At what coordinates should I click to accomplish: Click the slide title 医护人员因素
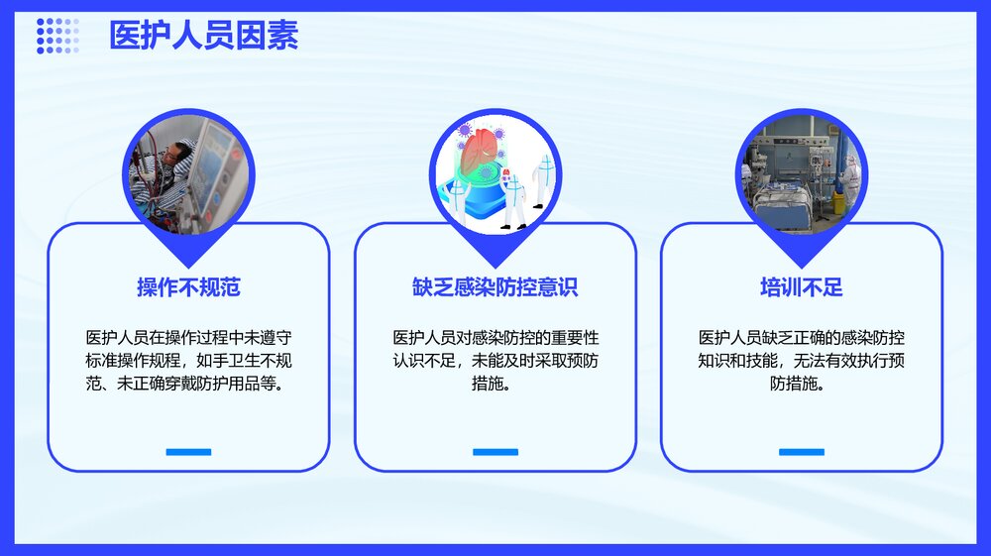(x=203, y=37)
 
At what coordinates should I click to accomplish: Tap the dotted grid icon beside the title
(x=57, y=36)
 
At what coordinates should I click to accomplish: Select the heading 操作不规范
(x=188, y=288)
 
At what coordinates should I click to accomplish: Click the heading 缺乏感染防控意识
(x=495, y=288)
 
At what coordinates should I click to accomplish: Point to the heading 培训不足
(x=801, y=288)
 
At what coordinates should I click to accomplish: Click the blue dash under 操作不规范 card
(x=188, y=452)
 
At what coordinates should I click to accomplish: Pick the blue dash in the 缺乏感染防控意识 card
(x=495, y=452)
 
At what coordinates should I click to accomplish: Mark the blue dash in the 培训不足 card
(x=801, y=452)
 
